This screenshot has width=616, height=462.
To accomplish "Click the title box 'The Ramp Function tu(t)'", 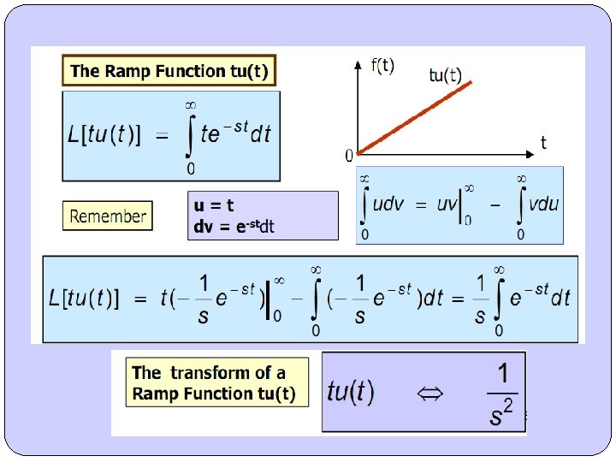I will point(169,71).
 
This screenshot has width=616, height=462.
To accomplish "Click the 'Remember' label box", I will point(108,216).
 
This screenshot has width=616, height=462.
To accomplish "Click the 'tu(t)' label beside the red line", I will point(445,75).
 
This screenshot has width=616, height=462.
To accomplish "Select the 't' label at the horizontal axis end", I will point(543,142).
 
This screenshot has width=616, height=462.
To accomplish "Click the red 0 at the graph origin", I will point(349,156).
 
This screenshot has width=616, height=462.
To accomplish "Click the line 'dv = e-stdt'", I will point(234,227).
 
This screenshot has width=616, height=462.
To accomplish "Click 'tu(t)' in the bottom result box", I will point(351,394).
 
